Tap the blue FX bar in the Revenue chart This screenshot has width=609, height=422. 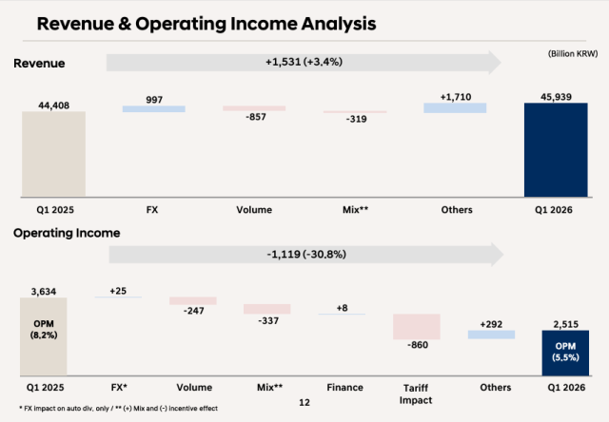[154, 109]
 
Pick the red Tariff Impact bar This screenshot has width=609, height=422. [416, 326]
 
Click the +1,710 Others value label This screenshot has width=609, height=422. [455, 97]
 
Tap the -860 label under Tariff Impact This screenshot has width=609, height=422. [416, 347]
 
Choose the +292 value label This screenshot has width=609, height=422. [491, 322]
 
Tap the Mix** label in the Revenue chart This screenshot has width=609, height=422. [354, 209]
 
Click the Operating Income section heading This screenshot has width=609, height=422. [66, 232]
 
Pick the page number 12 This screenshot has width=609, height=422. [304, 403]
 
